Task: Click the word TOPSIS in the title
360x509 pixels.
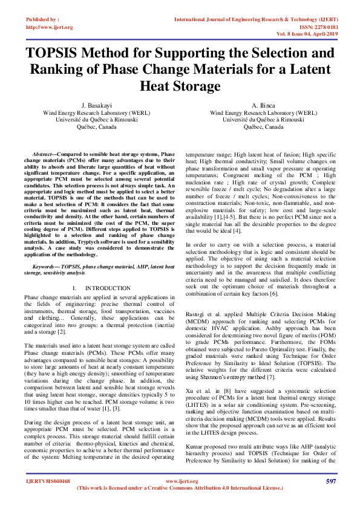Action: click(x=59, y=53)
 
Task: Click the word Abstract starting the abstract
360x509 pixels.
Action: click(x=43, y=155)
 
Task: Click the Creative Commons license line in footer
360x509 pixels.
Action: click(x=180, y=504)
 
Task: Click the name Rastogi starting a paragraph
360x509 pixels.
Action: click(x=195, y=316)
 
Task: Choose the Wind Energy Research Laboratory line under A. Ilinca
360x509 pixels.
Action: click(x=263, y=112)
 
